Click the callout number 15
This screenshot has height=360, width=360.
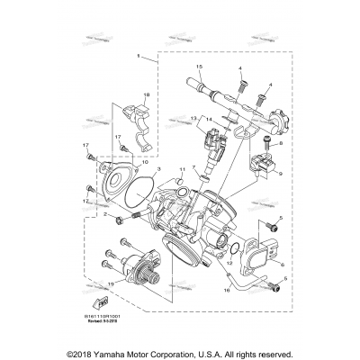coord(200,68)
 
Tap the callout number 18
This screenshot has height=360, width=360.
coord(147,95)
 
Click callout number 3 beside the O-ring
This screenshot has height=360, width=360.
coord(158,168)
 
